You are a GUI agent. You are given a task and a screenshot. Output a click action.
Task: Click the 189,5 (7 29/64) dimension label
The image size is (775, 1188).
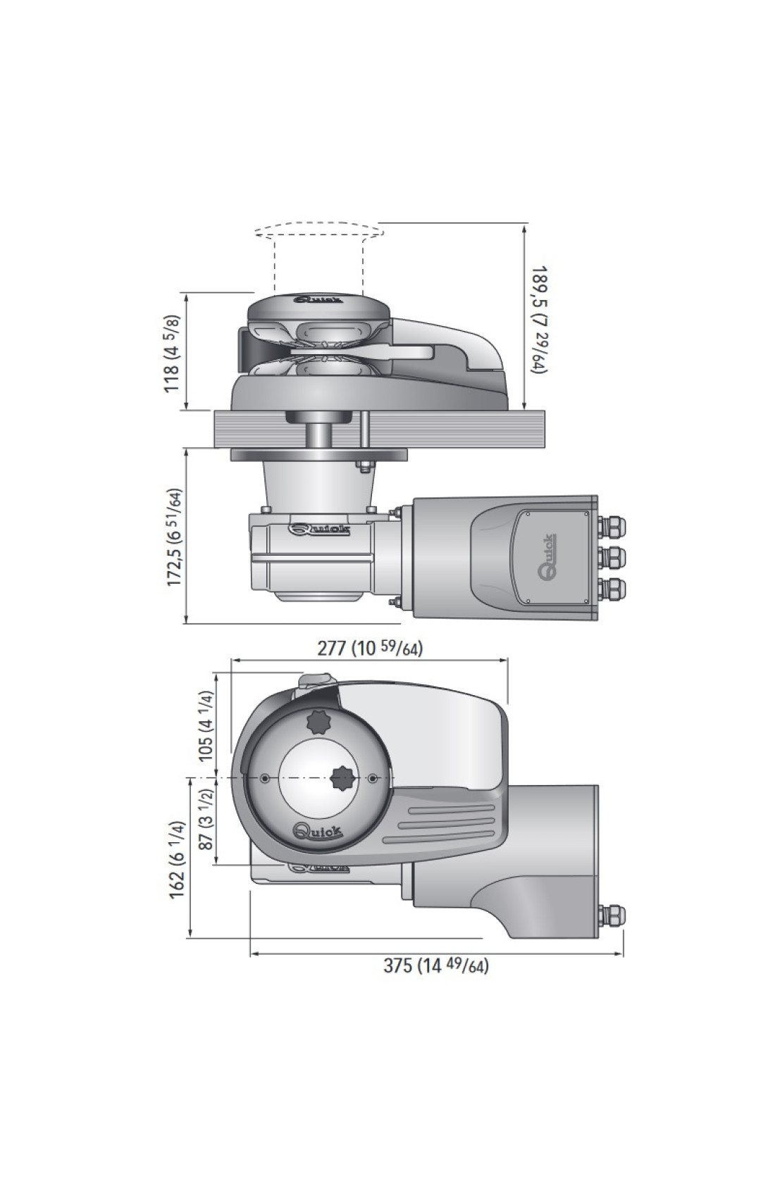coord(540,319)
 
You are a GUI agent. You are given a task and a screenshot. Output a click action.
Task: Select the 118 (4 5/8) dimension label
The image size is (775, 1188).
coord(173,354)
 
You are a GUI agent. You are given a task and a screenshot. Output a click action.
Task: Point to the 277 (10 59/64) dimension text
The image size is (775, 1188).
coord(370,648)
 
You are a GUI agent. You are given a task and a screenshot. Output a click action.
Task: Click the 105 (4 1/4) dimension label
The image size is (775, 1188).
coord(206,725)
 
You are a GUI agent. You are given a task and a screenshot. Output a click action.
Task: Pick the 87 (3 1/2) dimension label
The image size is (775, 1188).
coord(206,818)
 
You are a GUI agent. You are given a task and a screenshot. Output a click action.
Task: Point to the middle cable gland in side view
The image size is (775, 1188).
coord(612,557)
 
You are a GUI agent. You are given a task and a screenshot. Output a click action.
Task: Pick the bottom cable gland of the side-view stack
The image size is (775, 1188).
coord(612,587)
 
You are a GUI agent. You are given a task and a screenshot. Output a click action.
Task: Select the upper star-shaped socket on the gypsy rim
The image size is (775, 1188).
coord(318,721)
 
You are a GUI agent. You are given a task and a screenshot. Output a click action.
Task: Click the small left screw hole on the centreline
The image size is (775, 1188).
coord(264,778)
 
